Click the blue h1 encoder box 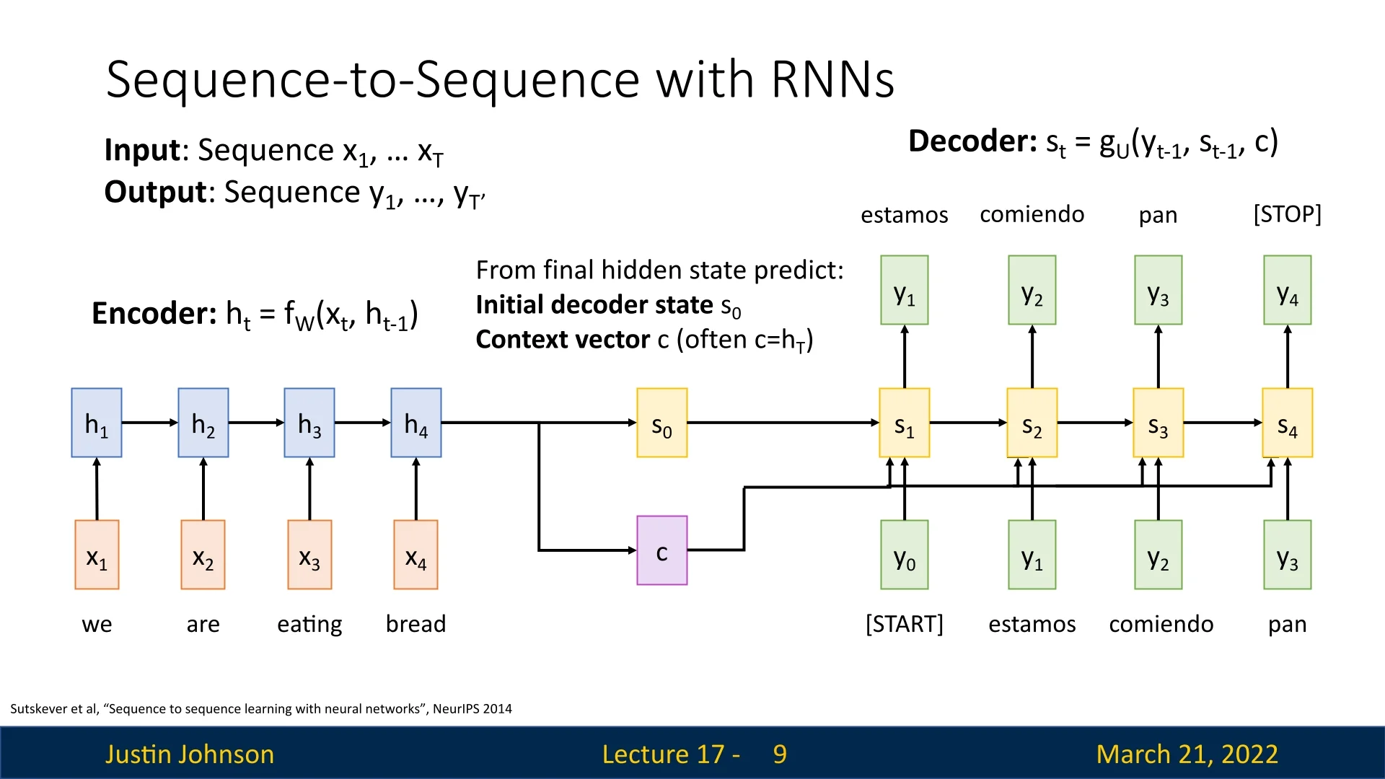click(x=97, y=423)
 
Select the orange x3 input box click(x=309, y=555)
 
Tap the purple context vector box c click(x=661, y=550)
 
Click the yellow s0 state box click(x=661, y=423)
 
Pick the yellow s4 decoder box click(x=1287, y=423)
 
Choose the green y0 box click(x=904, y=555)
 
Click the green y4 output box click(x=1287, y=290)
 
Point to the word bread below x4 click(x=415, y=624)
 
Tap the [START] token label click(x=904, y=624)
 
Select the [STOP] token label click(x=1287, y=214)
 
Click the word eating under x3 click(x=309, y=624)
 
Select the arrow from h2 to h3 click(x=256, y=423)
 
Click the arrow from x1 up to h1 click(x=97, y=489)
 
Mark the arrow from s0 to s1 click(x=783, y=423)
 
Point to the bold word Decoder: click(x=972, y=141)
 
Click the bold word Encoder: click(x=154, y=314)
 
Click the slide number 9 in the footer click(x=780, y=754)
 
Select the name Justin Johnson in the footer click(x=190, y=754)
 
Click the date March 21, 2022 click(x=1187, y=754)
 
